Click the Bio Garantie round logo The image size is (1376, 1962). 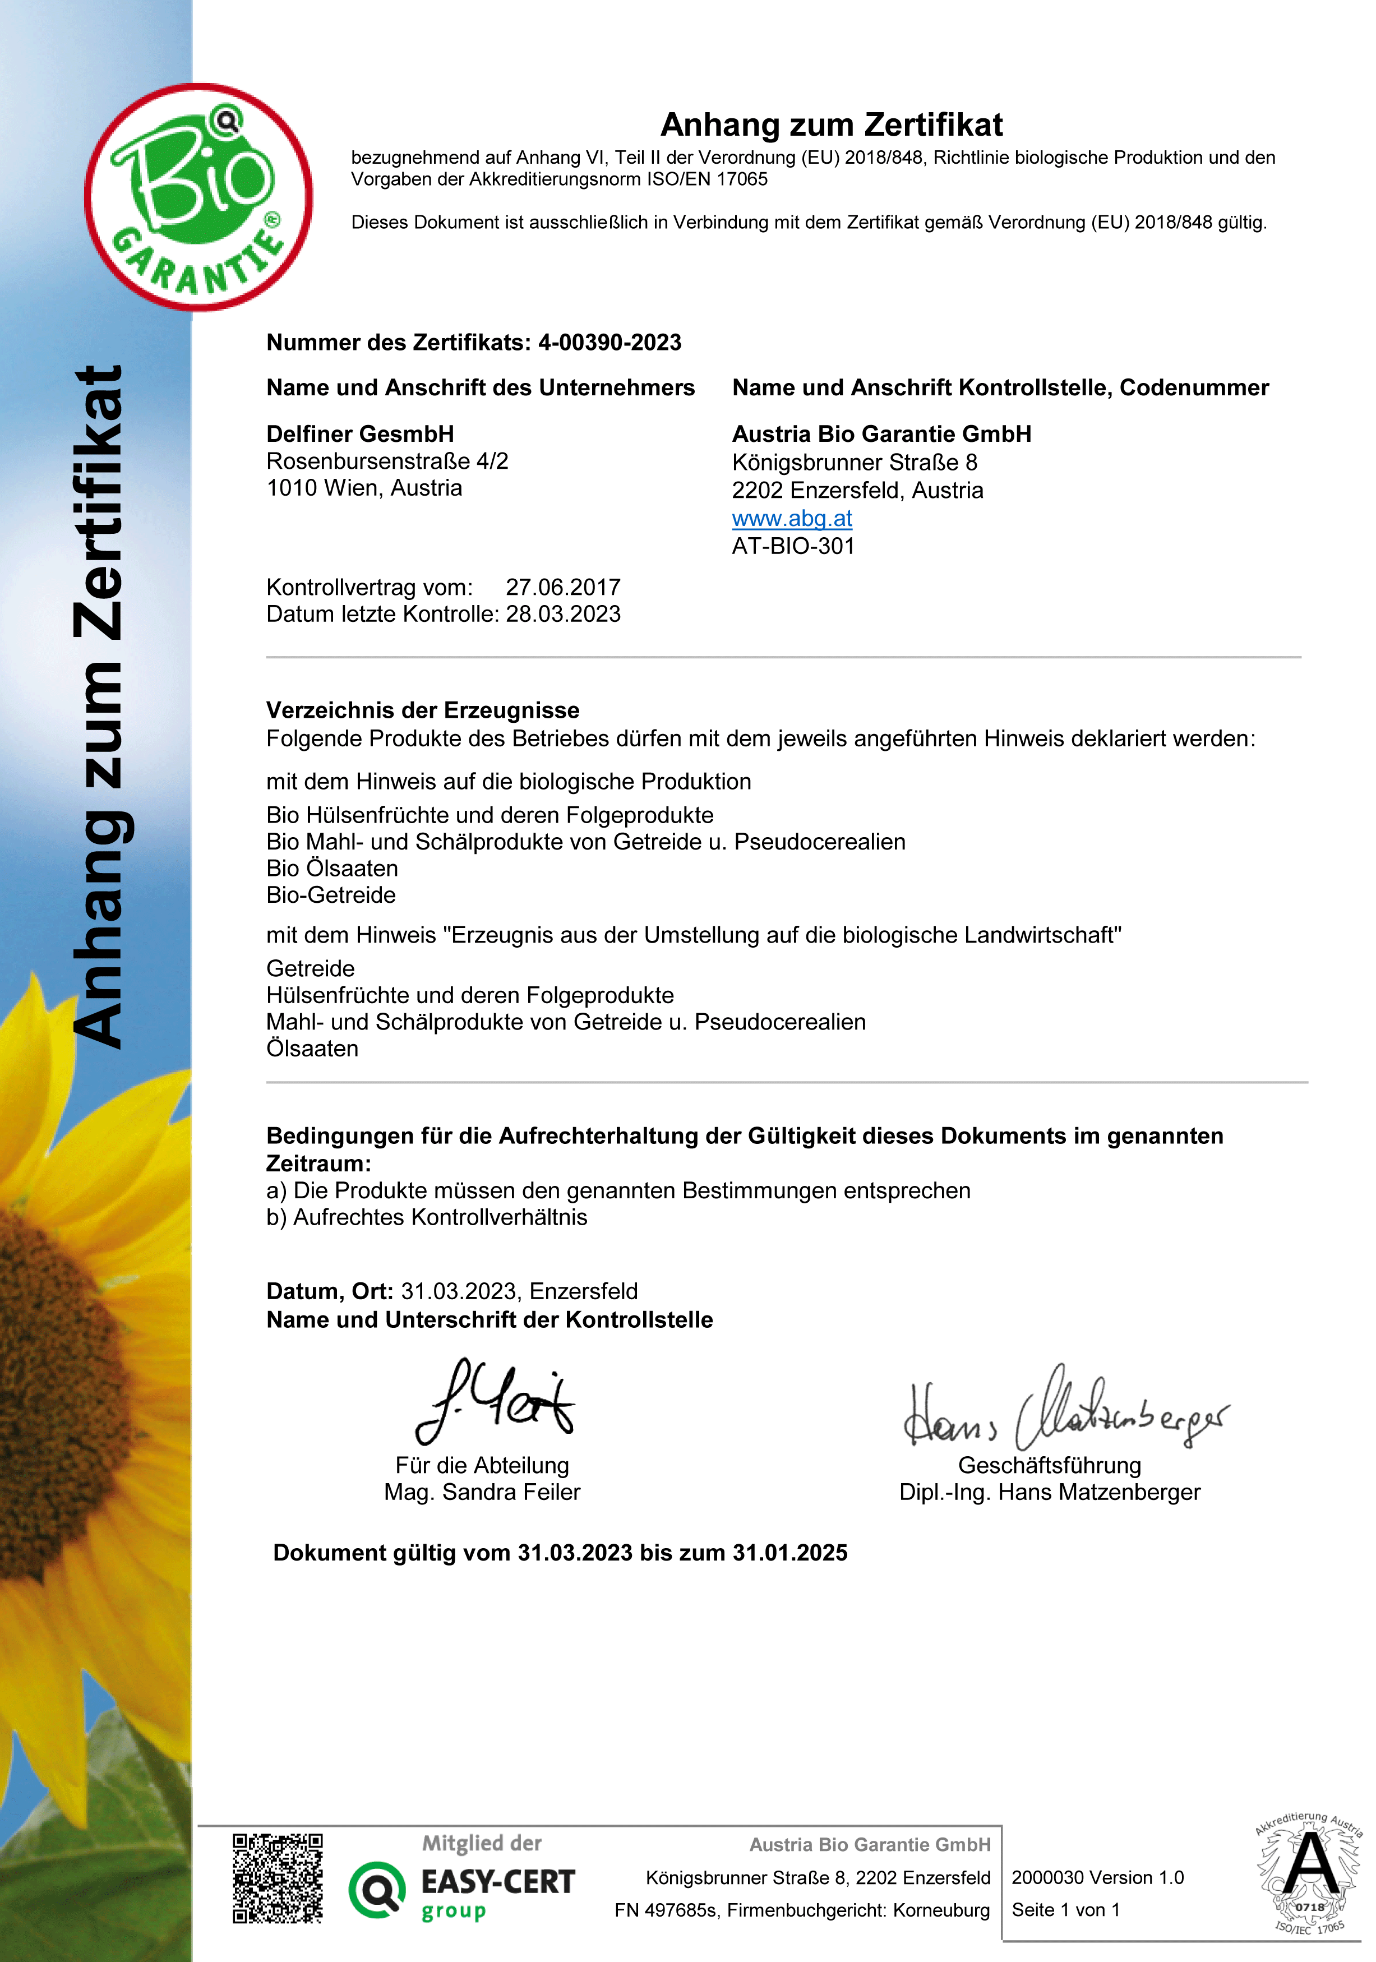(x=198, y=197)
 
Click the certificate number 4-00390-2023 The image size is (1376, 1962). (x=609, y=343)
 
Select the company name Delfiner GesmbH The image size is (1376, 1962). (x=360, y=434)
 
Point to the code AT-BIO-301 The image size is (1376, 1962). (x=793, y=546)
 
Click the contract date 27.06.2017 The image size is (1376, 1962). (x=562, y=587)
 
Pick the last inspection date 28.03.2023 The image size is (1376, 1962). (x=562, y=613)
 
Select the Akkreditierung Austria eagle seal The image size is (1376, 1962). (x=1309, y=1873)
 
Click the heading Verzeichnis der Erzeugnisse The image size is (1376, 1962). (x=422, y=710)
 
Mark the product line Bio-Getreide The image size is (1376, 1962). (x=331, y=895)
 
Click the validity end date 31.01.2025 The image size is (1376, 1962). (x=789, y=1553)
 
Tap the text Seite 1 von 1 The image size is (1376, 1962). (x=1065, y=1910)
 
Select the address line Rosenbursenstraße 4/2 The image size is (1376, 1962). (x=387, y=461)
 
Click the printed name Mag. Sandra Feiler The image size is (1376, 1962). (x=482, y=1492)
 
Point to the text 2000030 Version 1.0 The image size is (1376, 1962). (x=1097, y=1877)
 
